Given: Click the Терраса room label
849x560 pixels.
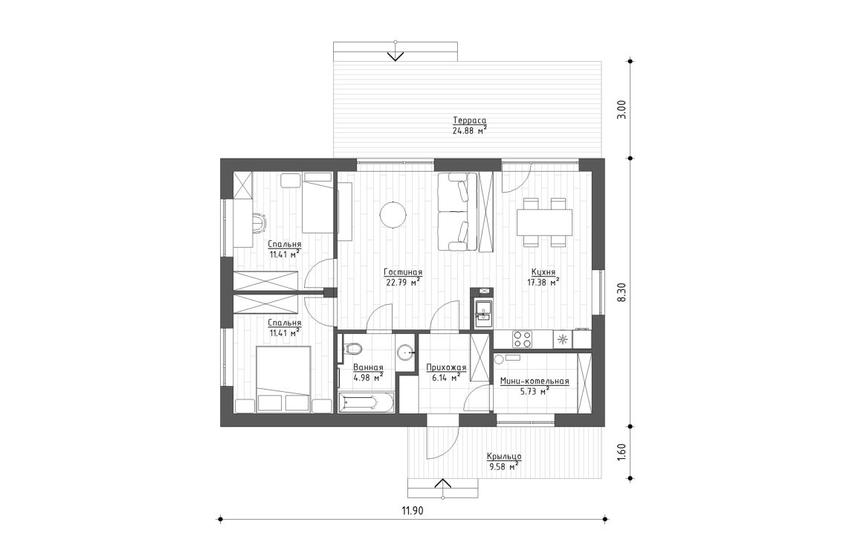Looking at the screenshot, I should (470, 120).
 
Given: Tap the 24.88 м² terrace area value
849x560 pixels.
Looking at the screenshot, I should (470, 130).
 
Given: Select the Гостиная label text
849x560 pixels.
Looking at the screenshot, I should (404, 271).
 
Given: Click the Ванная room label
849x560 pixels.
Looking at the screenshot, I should (368, 367).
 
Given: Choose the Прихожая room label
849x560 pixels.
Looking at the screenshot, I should (445, 367).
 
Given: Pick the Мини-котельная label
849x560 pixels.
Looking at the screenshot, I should (535, 382).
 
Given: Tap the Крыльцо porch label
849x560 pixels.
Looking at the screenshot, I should (503, 456).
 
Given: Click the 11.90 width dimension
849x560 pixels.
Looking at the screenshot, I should (414, 510).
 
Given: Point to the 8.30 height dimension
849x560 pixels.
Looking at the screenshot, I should (622, 292).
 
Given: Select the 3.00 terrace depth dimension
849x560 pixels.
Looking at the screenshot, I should (622, 109).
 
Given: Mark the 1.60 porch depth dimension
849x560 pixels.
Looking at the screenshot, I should (622, 451).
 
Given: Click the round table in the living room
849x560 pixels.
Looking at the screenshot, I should (393, 216).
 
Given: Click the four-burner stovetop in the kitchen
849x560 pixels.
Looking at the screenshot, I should (523, 339).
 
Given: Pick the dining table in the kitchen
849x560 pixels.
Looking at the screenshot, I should (544, 221).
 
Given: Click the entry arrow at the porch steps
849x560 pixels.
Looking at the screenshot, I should (443, 486).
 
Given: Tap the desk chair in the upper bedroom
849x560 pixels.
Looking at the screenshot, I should (258, 222).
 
